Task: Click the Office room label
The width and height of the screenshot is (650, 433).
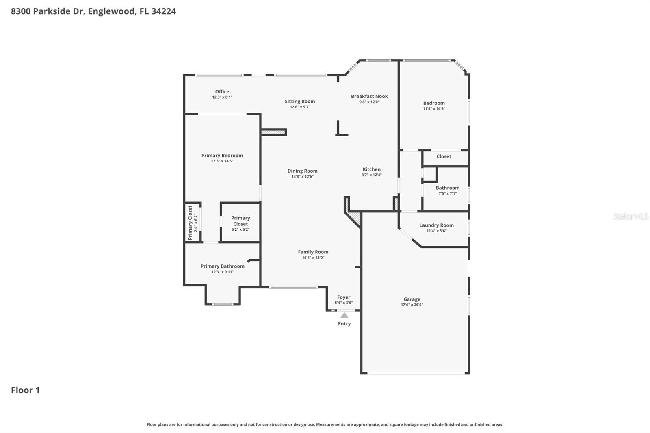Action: click(222, 92)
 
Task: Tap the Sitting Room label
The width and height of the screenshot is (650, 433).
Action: click(300, 102)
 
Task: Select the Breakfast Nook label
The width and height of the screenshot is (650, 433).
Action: click(369, 96)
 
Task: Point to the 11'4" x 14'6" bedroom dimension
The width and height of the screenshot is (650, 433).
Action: click(434, 109)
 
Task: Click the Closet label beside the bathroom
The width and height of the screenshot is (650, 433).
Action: click(444, 156)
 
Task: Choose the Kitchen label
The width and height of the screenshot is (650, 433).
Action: click(372, 169)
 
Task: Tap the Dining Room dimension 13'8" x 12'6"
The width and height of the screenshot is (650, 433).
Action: click(302, 177)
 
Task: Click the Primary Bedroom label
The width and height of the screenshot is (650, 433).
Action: click(222, 156)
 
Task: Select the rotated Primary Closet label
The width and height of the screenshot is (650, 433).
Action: click(190, 223)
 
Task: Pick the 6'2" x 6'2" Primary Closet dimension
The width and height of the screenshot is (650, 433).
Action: click(240, 230)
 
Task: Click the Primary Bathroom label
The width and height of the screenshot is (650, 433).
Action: click(222, 266)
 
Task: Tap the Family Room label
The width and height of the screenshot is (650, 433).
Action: click(313, 252)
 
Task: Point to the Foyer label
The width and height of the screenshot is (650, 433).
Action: click(344, 297)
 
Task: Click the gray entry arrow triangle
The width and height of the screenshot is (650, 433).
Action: click(344, 315)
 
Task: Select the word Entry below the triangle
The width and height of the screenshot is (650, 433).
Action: click(344, 324)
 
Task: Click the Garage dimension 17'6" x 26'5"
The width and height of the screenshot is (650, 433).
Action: click(412, 305)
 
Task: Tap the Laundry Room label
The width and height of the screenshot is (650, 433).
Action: click(436, 225)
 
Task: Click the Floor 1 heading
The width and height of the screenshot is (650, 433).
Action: click(25, 390)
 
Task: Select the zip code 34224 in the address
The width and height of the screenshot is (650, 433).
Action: click(163, 11)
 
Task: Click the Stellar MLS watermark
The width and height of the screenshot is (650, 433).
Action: click(630, 216)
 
